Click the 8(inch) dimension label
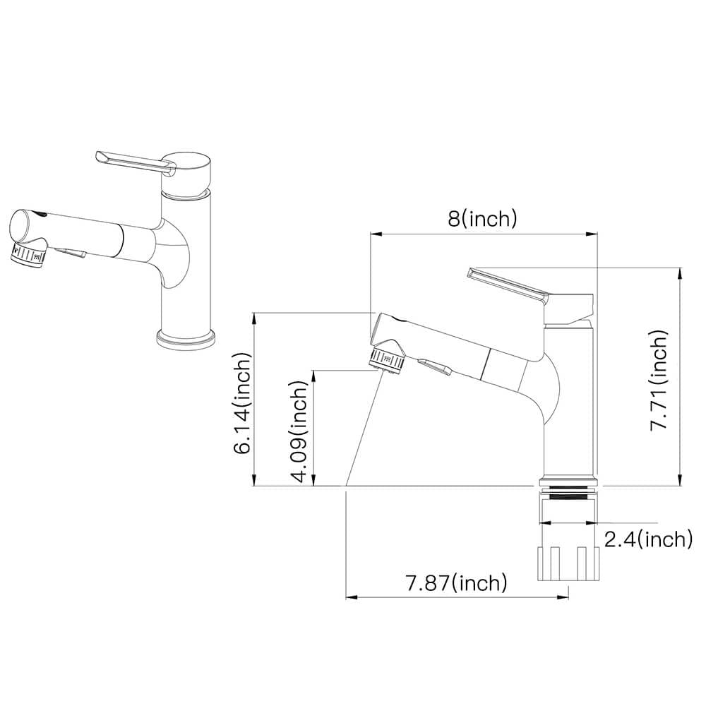[x=482, y=219]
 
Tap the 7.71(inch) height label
[x=659, y=380]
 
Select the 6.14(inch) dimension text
[x=241, y=403]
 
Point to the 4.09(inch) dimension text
[x=299, y=431]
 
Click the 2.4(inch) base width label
[x=648, y=539]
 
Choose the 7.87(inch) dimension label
[x=457, y=583]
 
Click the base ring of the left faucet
[x=186, y=340]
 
